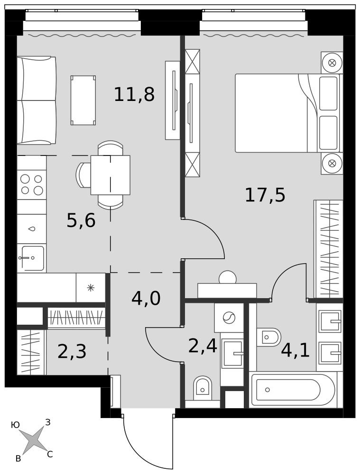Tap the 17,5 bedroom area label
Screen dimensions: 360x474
[265, 195]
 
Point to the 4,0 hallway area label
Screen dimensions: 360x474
[146, 298]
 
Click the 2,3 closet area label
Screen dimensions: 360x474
[72, 352]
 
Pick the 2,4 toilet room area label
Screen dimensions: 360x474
[203, 346]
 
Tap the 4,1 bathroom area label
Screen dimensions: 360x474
[295, 351]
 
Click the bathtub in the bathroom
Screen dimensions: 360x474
[292, 390]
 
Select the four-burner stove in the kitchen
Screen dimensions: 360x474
[31, 185]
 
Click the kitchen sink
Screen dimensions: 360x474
[33, 258]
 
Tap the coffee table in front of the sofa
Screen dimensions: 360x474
[83, 100]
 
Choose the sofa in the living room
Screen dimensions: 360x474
[37, 100]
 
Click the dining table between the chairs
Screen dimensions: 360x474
[111, 175]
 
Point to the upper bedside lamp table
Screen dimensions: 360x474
[332, 63]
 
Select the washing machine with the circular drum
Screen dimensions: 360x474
[229, 318]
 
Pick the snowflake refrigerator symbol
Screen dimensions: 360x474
[91, 288]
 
